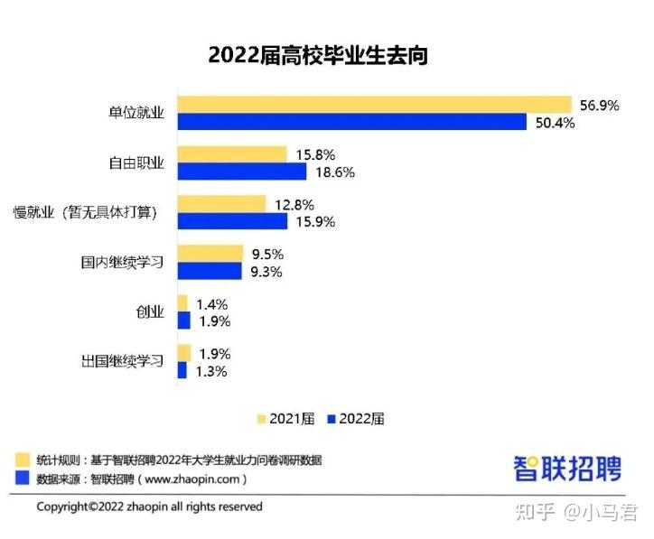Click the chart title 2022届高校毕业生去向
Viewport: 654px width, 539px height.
pos(317,55)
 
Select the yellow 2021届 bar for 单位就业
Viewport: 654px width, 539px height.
pos(375,105)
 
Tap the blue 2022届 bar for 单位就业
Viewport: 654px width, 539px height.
pos(351,123)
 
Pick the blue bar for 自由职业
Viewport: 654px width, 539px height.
pos(242,172)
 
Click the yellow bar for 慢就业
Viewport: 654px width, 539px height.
pos(221,204)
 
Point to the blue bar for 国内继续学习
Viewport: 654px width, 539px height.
pos(210,271)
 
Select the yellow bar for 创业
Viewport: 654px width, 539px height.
pos(182,303)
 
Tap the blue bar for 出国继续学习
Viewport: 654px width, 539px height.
pos(182,370)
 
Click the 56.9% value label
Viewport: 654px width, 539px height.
pos(599,106)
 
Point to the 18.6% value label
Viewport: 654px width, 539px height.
pos(335,172)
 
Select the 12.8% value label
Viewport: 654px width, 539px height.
pos(294,205)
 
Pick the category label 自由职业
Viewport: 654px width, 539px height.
pos(135,163)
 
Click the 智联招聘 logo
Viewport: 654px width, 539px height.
pos(567,468)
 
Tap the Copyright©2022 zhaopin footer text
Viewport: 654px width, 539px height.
pos(149,506)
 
